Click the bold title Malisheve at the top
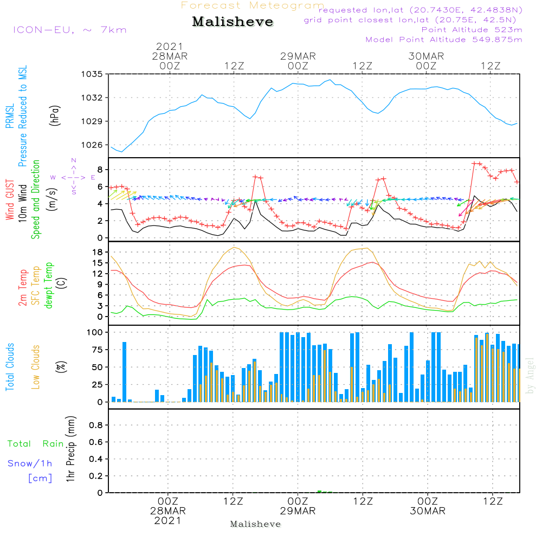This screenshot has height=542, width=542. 233,22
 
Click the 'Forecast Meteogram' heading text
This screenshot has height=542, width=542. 253,6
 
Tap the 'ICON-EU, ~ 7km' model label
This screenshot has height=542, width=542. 69,30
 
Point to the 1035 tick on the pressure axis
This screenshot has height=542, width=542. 92,74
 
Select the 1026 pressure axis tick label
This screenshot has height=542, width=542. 92,145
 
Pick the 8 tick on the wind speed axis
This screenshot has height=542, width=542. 99,169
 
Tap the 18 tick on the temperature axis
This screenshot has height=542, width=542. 98,252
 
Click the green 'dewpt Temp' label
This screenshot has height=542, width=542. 49,286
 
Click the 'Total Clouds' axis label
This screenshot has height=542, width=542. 9,367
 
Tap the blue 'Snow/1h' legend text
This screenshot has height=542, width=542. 30,463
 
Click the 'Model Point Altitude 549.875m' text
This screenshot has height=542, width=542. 444,40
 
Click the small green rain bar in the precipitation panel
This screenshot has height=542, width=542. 319,491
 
